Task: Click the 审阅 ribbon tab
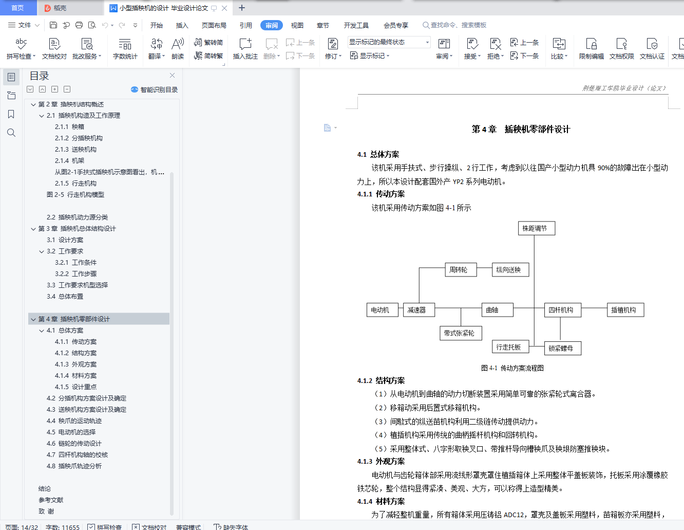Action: [x=271, y=25]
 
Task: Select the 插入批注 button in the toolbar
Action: [x=245, y=48]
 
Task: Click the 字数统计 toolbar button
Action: [x=125, y=48]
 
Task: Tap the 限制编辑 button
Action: [x=591, y=48]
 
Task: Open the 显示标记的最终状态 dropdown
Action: [x=389, y=42]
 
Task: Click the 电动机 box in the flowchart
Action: [x=382, y=310]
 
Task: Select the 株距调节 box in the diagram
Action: [x=537, y=228]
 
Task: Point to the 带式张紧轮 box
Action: [x=461, y=333]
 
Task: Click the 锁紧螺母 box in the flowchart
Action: [x=562, y=348]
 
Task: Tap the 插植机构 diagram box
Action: [x=625, y=310]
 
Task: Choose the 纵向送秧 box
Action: [x=510, y=270]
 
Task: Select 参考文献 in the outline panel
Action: [x=51, y=500]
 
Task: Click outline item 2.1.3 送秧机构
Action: [x=75, y=150]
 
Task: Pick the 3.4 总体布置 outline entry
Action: [x=65, y=296]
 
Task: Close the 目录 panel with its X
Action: [x=172, y=75]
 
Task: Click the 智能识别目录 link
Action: [x=154, y=89]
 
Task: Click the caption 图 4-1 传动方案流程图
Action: [x=512, y=368]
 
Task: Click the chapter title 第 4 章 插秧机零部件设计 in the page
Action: [x=521, y=129]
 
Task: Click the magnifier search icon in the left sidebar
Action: [x=11, y=133]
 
